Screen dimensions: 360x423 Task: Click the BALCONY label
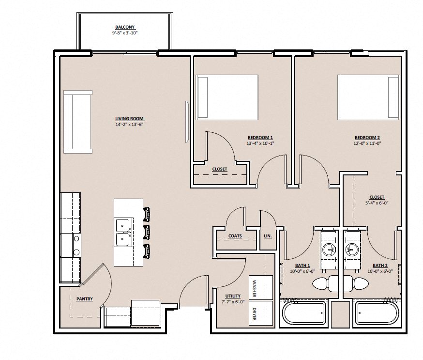pos(125,27)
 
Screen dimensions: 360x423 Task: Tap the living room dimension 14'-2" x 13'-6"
pos(129,125)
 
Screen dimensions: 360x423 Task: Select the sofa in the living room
pos(77,122)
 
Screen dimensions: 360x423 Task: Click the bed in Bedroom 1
pos(227,97)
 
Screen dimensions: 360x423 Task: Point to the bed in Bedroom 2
pos(368,97)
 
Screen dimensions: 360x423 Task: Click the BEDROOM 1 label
pos(260,137)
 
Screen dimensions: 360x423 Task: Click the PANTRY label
pos(84,299)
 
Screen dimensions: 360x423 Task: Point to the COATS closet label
pos(235,236)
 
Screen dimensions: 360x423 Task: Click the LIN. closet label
pos(268,236)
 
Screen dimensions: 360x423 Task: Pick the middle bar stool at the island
pos(147,232)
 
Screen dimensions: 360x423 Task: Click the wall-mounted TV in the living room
pos(186,121)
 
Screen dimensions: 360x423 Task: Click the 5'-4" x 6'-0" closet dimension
pos(376,203)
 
